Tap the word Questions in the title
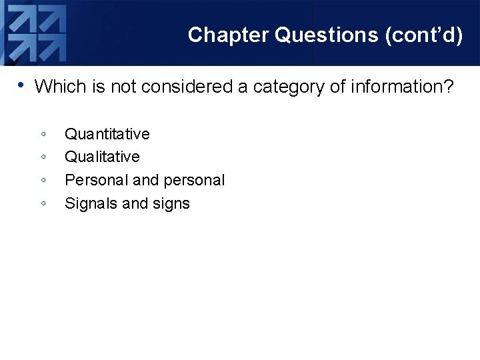click(x=327, y=35)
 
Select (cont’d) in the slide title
click(x=424, y=35)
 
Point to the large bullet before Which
click(x=21, y=85)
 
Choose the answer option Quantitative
click(x=107, y=134)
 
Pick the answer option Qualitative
click(x=102, y=157)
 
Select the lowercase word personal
click(x=194, y=181)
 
